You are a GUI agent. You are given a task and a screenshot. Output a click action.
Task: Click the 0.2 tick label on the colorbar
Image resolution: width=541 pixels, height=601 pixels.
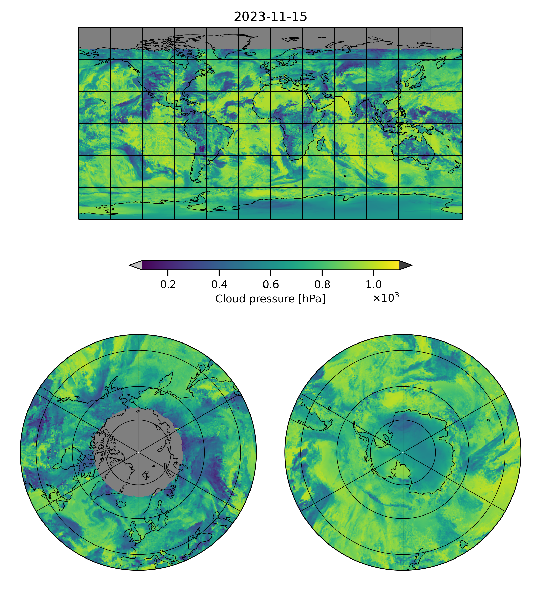click(168, 285)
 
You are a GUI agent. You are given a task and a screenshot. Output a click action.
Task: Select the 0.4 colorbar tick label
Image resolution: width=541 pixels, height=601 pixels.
click(219, 285)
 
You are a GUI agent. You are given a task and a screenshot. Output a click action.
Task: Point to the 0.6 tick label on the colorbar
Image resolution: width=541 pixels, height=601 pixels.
click(270, 285)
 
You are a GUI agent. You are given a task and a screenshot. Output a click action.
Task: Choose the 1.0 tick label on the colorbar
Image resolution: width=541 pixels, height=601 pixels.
click(373, 285)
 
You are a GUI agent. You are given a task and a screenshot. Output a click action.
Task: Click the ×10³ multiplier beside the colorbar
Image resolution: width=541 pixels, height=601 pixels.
click(385, 298)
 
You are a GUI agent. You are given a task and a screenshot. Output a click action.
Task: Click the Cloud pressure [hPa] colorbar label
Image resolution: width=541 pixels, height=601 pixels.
click(270, 299)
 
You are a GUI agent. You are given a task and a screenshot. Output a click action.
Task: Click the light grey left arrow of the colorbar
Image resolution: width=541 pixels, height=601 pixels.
click(136, 265)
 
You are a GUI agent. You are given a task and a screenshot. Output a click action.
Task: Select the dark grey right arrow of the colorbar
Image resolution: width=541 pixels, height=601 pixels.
click(405, 265)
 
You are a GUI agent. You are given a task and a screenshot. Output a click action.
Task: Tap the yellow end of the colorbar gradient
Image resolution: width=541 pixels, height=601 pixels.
click(395, 265)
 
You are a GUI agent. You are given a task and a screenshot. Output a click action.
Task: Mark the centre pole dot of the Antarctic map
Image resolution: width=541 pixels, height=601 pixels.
click(403, 452)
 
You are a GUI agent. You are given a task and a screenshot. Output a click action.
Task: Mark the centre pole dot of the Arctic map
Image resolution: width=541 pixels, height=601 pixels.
click(138, 452)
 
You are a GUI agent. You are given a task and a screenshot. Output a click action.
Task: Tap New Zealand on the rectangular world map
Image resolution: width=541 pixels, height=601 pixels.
click(455, 168)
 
